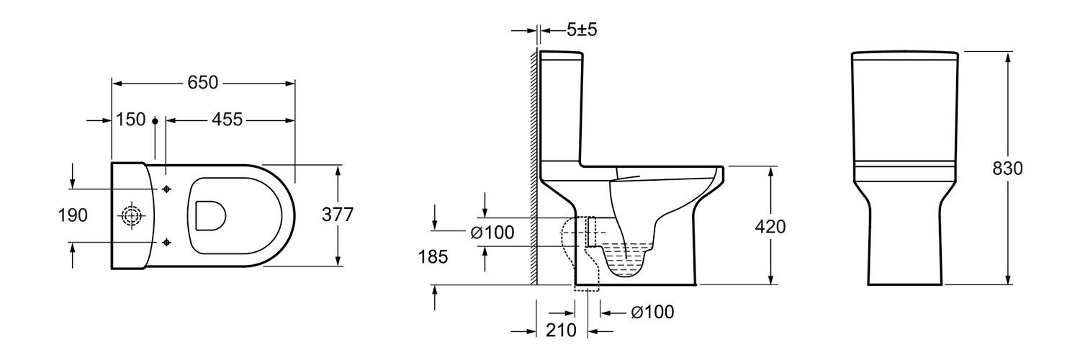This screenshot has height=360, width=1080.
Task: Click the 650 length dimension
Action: (203, 83)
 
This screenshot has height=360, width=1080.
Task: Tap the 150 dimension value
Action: (130, 120)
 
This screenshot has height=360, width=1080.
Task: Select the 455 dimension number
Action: (227, 120)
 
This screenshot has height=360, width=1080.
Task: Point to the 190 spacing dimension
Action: (73, 215)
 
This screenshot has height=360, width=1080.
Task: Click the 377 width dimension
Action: (338, 215)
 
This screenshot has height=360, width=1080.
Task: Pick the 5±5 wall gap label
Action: (582, 30)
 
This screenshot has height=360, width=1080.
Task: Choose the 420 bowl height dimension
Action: (770, 227)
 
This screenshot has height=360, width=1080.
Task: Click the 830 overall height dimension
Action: (1008, 168)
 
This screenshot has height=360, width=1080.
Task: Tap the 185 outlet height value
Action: (433, 257)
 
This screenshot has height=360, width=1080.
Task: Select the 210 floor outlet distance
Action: (561, 330)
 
